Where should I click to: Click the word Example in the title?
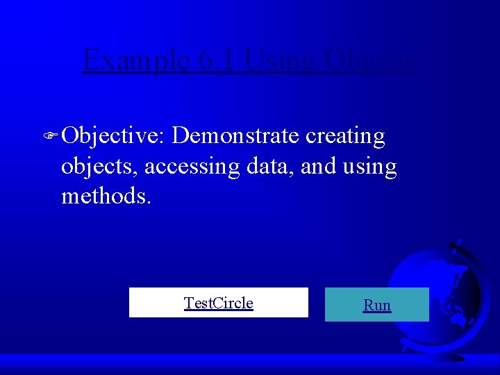130,60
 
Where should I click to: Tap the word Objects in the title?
376,60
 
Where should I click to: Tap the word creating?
345,136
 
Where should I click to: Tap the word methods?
106,196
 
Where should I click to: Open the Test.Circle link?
218,303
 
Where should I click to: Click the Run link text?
377,305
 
